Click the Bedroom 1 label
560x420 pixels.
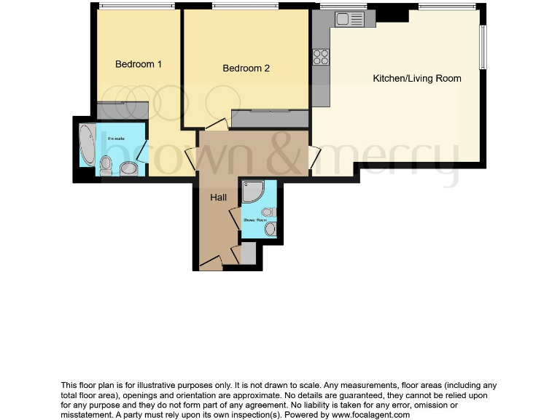[x=138, y=64]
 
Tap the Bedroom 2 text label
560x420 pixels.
[x=246, y=69]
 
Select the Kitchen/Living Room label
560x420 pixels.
[x=416, y=78]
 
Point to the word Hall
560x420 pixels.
[x=219, y=198]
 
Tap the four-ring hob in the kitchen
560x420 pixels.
[x=320, y=57]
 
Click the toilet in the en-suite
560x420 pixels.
[x=106, y=165]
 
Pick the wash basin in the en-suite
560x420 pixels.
[x=129, y=169]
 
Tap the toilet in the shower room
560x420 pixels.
[x=267, y=213]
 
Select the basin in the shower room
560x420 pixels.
[x=270, y=229]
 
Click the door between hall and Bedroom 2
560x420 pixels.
[x=216, y=125]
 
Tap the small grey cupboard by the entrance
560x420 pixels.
[x=248, y=254]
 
